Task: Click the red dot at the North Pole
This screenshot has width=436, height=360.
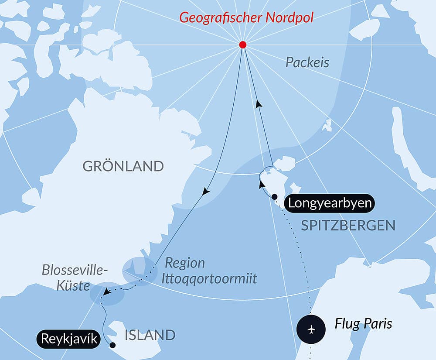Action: coord(243,45)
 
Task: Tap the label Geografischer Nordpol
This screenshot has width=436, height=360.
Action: coord(247,18)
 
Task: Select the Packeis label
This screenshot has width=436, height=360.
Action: coord(307,62)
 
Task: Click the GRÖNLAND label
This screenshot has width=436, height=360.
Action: coord(123,166)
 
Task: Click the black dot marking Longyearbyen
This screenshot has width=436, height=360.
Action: coord(274,197)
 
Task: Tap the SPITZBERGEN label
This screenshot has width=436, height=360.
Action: coord(348,225)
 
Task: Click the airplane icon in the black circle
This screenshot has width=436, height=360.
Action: coord(311,329)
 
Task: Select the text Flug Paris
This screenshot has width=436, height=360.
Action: coord(363,324)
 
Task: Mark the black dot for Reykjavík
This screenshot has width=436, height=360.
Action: coord(112,345)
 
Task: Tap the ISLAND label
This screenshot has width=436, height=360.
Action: coord(150,335)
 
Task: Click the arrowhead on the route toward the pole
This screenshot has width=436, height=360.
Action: coord(259,104)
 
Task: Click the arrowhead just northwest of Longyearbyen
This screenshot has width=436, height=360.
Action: coord(262,184)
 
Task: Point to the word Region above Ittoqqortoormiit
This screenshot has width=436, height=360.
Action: coord(184,263)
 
